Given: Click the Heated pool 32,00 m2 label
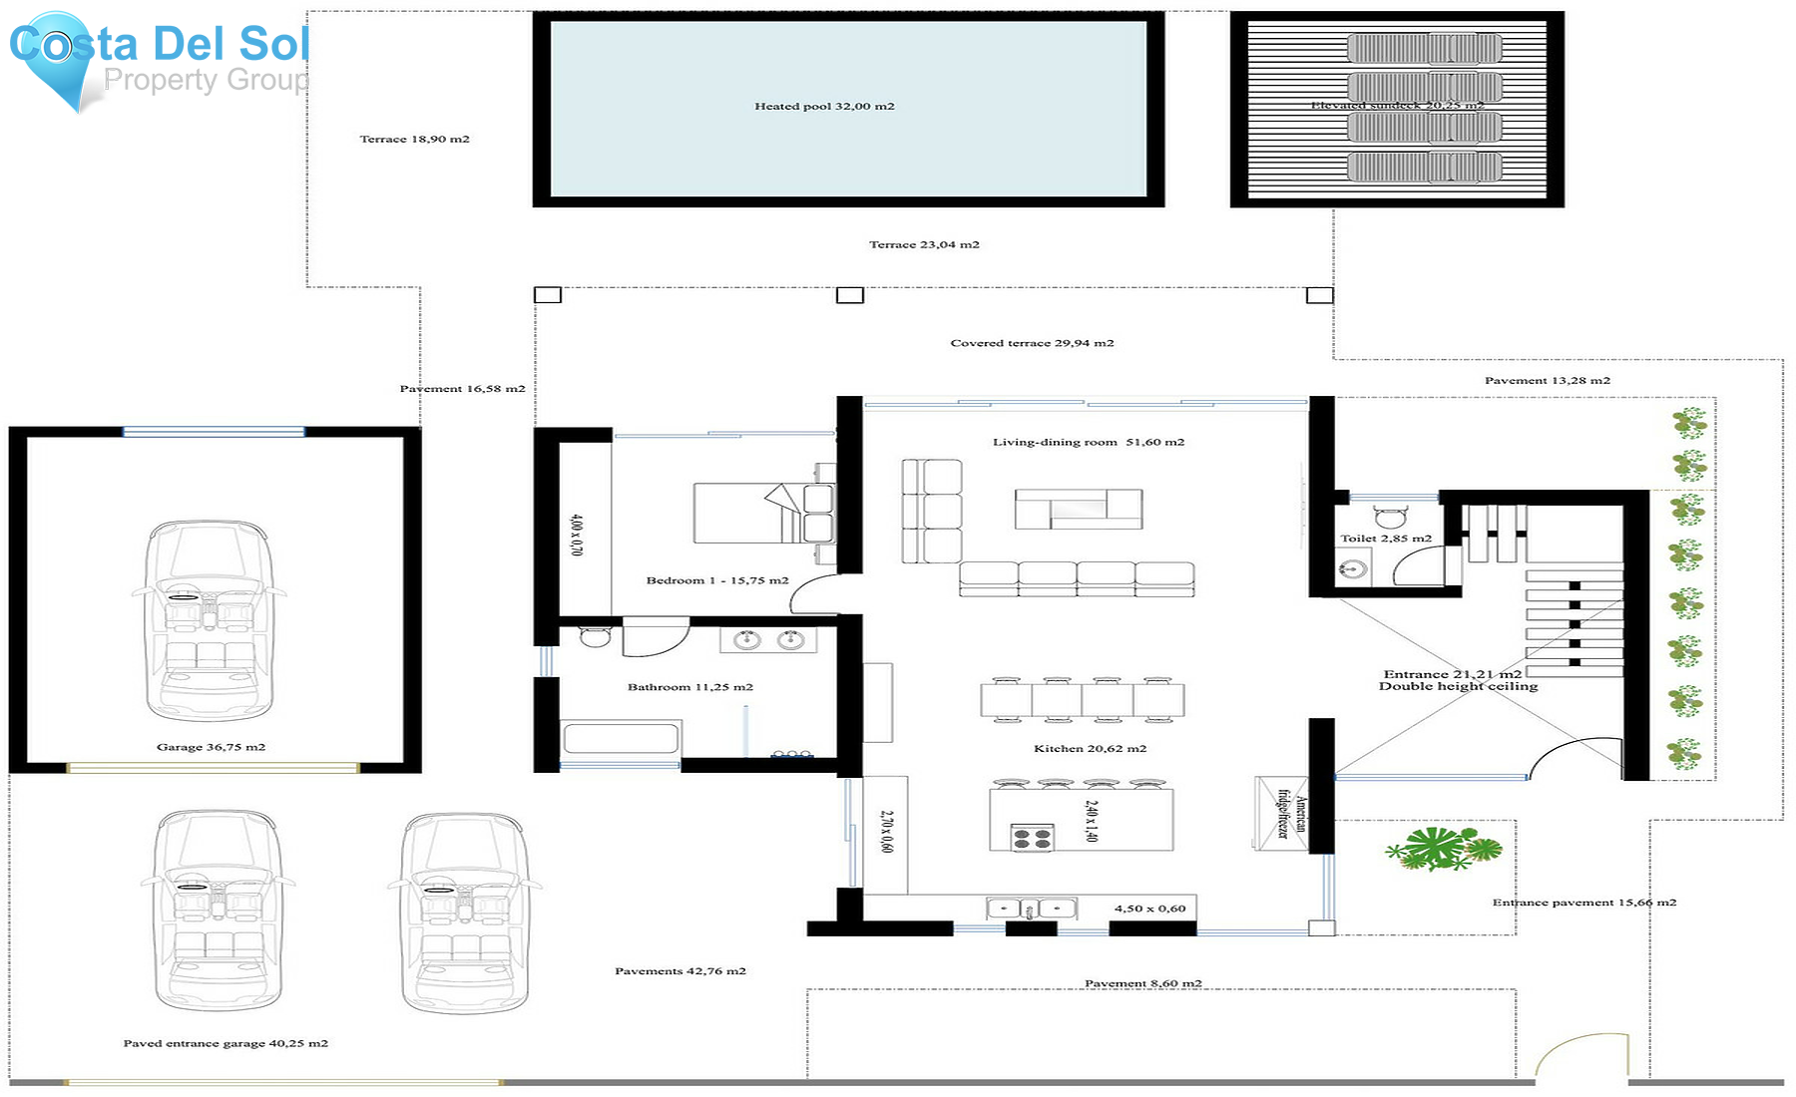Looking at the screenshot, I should point(824,106).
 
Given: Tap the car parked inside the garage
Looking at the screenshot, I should point(209,619).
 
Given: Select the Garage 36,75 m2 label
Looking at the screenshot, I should point(211,747).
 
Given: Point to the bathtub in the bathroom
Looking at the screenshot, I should point(621,739).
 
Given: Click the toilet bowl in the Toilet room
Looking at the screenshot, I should point(1390,517).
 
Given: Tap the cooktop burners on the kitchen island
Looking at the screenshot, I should point(1033,838).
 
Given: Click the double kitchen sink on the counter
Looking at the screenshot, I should point(1031,909).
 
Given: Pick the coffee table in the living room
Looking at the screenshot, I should point(1078,509).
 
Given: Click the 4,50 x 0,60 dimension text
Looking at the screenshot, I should point(1149,909).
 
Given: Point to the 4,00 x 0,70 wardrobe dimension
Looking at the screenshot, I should point(576,535).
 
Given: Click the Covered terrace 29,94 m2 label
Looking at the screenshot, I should point(1032,343).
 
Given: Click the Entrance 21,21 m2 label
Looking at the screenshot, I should point(1452,674).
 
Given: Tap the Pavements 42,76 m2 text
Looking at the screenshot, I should point(679,970).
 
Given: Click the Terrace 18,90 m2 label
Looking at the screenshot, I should point(414,140).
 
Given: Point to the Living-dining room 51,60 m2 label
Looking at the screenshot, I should point(1088,442).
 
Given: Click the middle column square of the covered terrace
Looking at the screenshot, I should point(849,295).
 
